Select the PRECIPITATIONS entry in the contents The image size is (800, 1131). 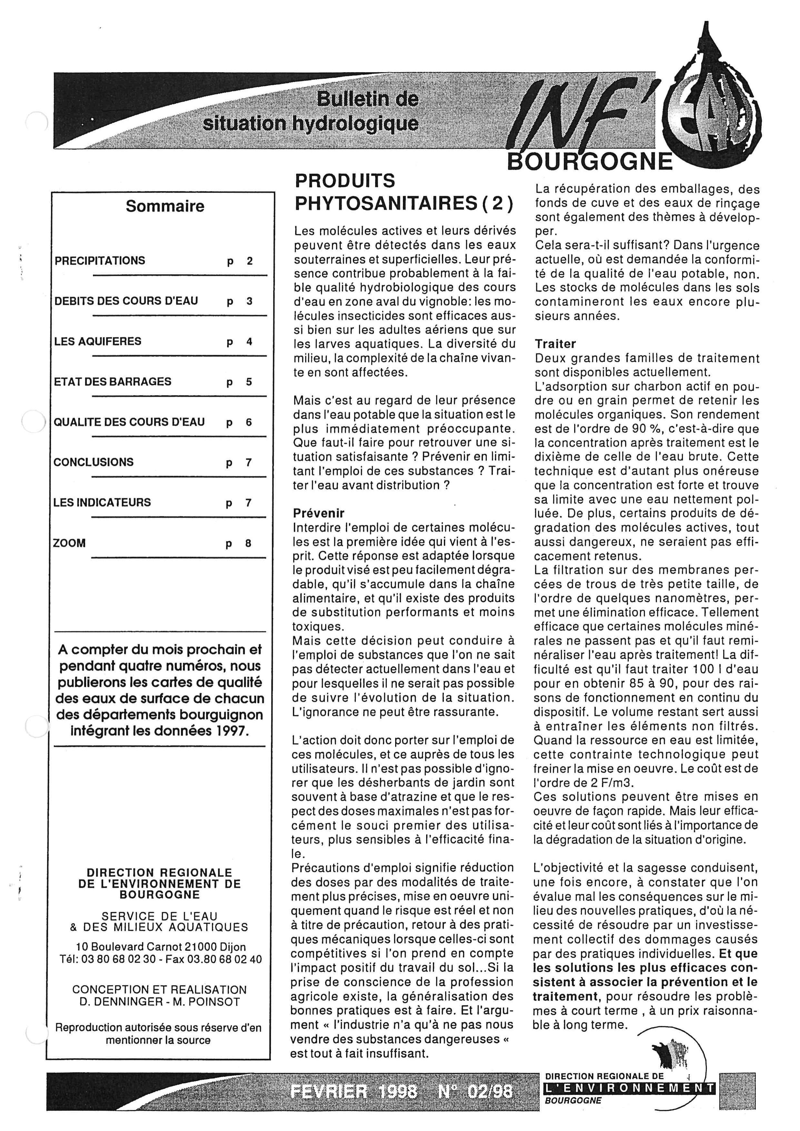click(x=100, y=261)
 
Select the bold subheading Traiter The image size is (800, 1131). click(x=555, y=344)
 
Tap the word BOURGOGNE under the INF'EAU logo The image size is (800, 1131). click(x=590, y=161)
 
